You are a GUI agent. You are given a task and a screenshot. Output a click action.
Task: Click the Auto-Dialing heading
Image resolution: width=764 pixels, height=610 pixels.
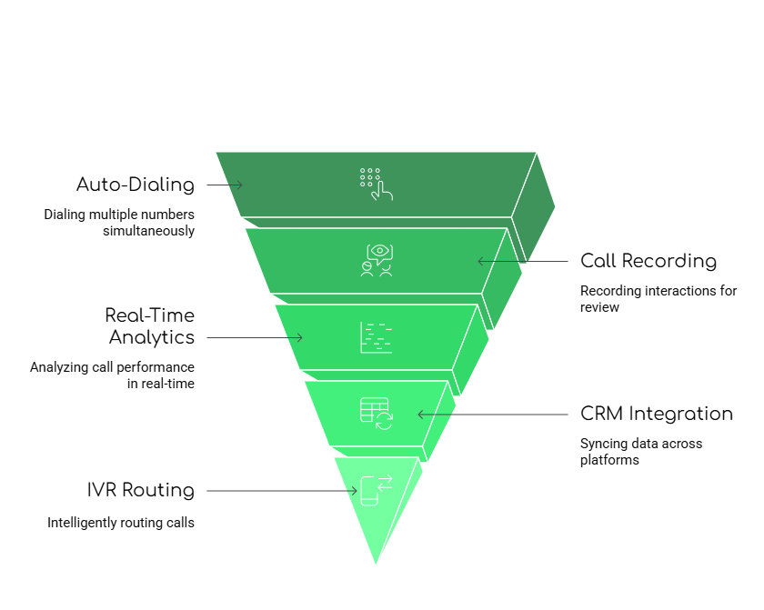136,185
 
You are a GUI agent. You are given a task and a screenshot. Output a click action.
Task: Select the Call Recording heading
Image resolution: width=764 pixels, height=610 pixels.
648,261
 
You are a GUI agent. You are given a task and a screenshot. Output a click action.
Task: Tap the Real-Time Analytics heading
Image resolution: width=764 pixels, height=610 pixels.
149,326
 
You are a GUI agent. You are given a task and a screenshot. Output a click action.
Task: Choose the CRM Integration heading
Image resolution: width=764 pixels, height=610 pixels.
657,414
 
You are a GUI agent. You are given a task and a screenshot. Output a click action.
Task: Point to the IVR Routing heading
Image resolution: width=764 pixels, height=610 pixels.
141,490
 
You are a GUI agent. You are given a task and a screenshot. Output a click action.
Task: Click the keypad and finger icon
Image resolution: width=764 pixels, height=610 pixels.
376,183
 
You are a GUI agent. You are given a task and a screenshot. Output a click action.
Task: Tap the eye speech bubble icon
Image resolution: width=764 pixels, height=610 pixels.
376,260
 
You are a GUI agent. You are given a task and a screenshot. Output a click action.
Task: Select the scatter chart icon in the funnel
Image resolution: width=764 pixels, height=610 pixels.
376,337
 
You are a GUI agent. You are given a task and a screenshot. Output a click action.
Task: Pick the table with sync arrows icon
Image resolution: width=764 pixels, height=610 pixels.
376,414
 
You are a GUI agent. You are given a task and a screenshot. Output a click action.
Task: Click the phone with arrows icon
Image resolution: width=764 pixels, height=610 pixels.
376,490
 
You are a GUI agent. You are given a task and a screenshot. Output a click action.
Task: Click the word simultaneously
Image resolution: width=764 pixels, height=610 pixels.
149,231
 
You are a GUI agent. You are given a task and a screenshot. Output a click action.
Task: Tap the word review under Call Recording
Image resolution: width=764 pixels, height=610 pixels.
599,307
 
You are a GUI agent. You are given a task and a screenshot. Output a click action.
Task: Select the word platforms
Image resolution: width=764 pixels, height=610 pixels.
609,460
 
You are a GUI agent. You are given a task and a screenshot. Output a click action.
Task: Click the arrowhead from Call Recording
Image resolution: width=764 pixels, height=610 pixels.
480,261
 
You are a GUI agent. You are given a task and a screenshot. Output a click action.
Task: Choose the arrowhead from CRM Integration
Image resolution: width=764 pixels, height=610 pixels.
420,414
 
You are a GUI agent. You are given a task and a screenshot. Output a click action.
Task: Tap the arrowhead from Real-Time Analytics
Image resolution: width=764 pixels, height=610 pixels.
300,337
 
